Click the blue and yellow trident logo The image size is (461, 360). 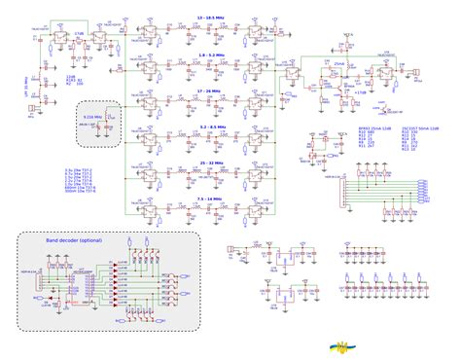343,343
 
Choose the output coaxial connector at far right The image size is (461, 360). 417,73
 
